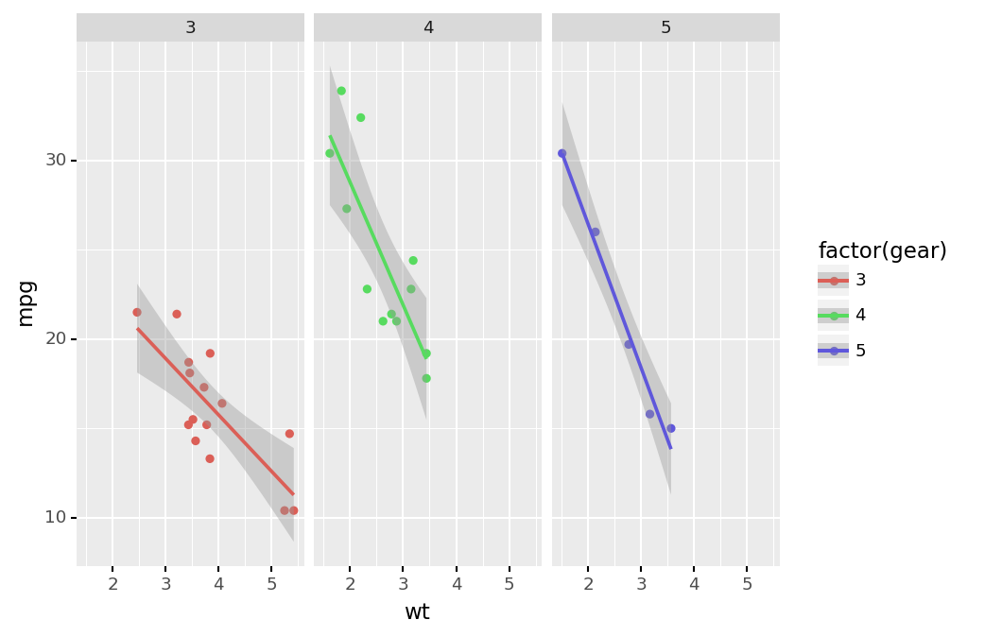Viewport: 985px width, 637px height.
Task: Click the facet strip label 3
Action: (190, 28)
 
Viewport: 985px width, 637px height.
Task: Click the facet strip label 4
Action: (428, 28)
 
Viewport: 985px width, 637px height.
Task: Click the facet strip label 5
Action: (665, 28)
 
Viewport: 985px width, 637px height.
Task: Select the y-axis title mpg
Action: (26, 302)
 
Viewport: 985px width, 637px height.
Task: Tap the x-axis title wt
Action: (417, 612)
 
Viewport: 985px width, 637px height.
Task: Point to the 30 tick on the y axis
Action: (56, 160)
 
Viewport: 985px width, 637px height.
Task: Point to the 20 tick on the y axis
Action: (56, 338)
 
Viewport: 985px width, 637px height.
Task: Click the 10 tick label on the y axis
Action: (56, 517)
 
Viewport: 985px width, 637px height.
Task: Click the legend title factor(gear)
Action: (882, 251)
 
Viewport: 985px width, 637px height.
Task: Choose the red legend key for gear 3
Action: (833, 281)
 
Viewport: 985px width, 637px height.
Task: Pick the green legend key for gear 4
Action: (833, 316)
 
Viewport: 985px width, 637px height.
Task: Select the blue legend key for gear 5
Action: (833, 351)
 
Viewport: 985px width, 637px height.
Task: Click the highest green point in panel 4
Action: (341, 92)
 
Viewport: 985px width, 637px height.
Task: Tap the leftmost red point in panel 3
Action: (137, 313)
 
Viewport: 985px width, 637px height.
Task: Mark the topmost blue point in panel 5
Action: (562, 153)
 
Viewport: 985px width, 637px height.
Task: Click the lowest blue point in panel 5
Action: (671, 428)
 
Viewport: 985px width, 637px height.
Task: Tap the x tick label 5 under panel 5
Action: (747, 584)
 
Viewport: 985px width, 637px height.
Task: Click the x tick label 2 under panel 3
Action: (112, 584)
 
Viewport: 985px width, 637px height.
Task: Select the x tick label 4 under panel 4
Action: (457, 584)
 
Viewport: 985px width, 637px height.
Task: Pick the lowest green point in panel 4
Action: (426, 379)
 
